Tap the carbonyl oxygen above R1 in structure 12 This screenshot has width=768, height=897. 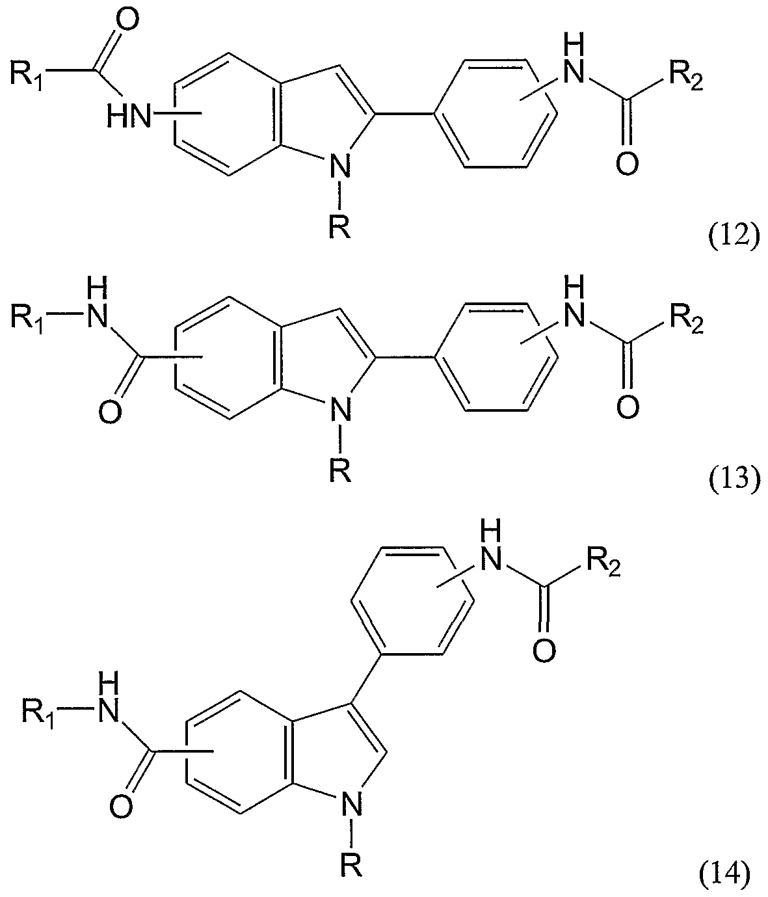coord(126,21)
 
